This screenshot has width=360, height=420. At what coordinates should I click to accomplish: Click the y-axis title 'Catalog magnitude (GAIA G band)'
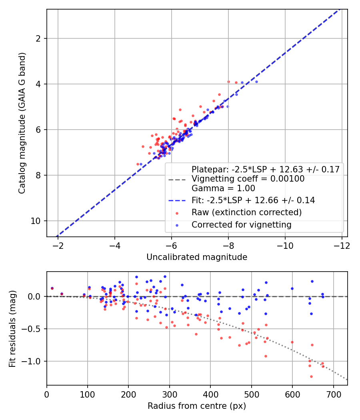22,123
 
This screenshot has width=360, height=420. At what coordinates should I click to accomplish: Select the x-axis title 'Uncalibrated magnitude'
197,257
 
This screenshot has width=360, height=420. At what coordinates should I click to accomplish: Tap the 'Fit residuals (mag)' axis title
12,328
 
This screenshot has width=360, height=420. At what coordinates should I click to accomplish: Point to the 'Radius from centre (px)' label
197,406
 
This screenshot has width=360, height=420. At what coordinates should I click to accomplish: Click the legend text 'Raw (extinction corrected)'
246,212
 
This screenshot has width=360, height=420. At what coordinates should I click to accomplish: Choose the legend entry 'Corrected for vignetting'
242,225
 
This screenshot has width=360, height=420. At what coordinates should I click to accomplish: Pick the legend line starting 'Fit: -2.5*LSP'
253,200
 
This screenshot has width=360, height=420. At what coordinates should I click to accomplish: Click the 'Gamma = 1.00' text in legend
223,188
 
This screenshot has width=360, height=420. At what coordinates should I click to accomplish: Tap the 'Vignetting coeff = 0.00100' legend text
248,179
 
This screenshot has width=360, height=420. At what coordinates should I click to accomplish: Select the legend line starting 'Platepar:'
266,170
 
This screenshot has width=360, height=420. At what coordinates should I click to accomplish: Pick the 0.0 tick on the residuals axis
37,296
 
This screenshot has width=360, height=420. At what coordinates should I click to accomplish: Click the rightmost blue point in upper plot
256,82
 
